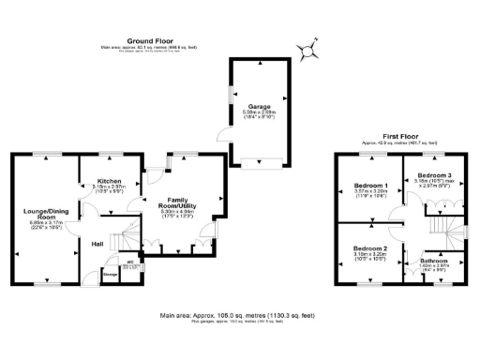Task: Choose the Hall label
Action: click(x=97, y=245)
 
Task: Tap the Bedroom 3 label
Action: click(x=435, y=176)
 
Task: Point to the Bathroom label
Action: click(x=434, y=260)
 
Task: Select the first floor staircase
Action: click(x=439, y=224)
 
